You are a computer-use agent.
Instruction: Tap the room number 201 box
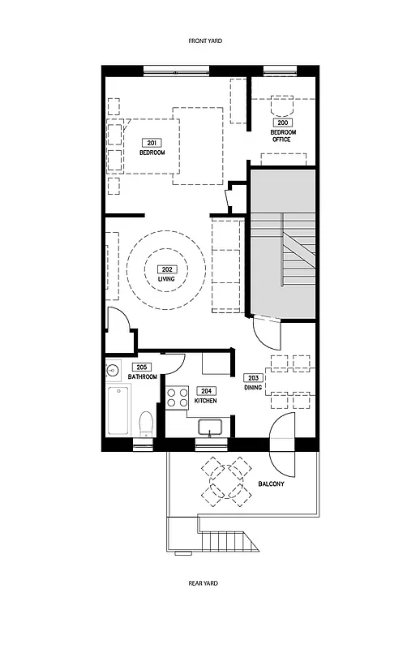(x=152, y=143)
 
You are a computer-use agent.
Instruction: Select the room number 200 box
(x=281, y=122)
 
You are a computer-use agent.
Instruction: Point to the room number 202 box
(x=166, y=270)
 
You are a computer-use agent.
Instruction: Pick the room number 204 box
(x=205, y=390)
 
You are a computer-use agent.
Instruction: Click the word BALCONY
(x=271, y=484)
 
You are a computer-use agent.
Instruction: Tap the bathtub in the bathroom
(x=118, y=411)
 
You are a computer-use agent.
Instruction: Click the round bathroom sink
(x=112, y=372)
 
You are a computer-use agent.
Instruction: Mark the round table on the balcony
(x=229, y=481)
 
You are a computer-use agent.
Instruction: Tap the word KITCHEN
(x=205, y=401)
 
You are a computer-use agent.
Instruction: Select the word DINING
(x=252, y=388)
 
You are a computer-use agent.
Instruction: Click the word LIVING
(x=166, y=279)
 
